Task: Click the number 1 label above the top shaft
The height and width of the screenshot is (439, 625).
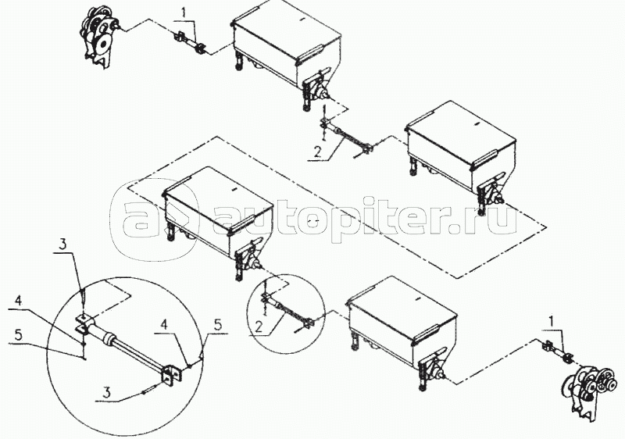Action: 184,13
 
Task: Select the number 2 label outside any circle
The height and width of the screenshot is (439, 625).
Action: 317,152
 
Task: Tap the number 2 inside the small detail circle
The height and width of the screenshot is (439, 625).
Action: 259,327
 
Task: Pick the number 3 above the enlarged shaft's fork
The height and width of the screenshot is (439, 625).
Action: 63,244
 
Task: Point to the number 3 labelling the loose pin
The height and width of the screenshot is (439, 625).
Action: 106,393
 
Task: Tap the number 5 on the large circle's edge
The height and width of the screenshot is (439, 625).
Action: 218,324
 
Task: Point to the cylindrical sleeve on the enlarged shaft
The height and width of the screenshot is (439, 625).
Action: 106,337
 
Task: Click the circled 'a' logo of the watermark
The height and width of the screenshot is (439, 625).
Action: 152,219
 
